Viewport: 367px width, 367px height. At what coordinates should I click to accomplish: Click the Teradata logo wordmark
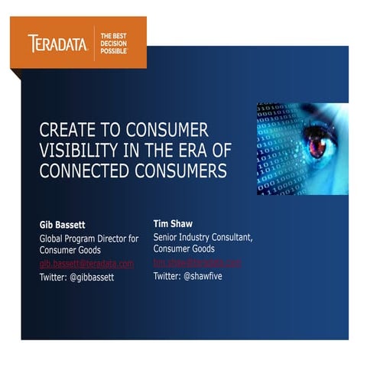[57, 43]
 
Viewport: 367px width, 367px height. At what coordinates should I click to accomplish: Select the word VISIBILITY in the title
[78, 150]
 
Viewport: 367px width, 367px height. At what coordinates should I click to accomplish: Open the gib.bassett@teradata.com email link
[86, 263]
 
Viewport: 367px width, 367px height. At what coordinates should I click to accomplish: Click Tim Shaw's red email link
[197, 262]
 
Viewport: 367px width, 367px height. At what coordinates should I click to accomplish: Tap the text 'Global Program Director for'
[89, 239]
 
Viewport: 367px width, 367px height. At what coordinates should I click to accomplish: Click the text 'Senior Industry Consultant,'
[203, 237]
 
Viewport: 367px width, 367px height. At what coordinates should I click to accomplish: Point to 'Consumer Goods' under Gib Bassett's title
[70, 250]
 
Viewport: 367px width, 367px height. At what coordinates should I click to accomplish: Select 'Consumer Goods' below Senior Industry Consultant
[184, 249]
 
